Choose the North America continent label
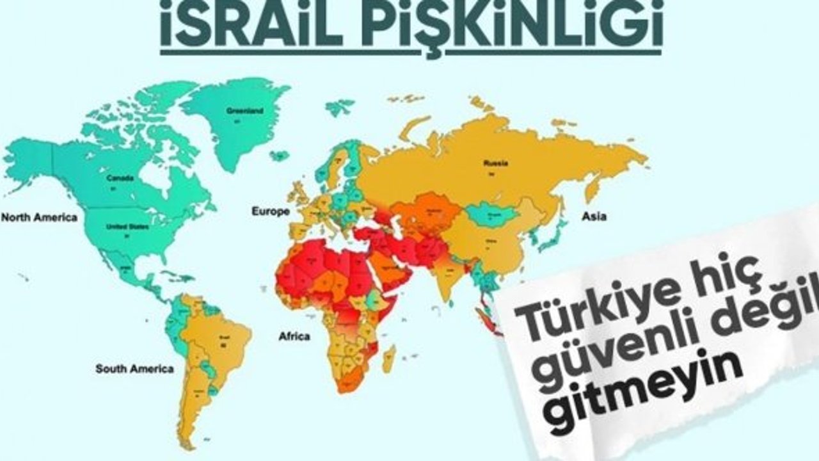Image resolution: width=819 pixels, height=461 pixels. (39, 217)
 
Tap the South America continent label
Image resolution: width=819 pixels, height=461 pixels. (134, 369)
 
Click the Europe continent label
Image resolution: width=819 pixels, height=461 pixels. (270, 211)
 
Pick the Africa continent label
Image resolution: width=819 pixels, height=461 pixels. (294, 336)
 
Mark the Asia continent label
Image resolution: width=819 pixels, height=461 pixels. (594, 216)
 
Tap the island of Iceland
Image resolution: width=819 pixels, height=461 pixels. (279, 156)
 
